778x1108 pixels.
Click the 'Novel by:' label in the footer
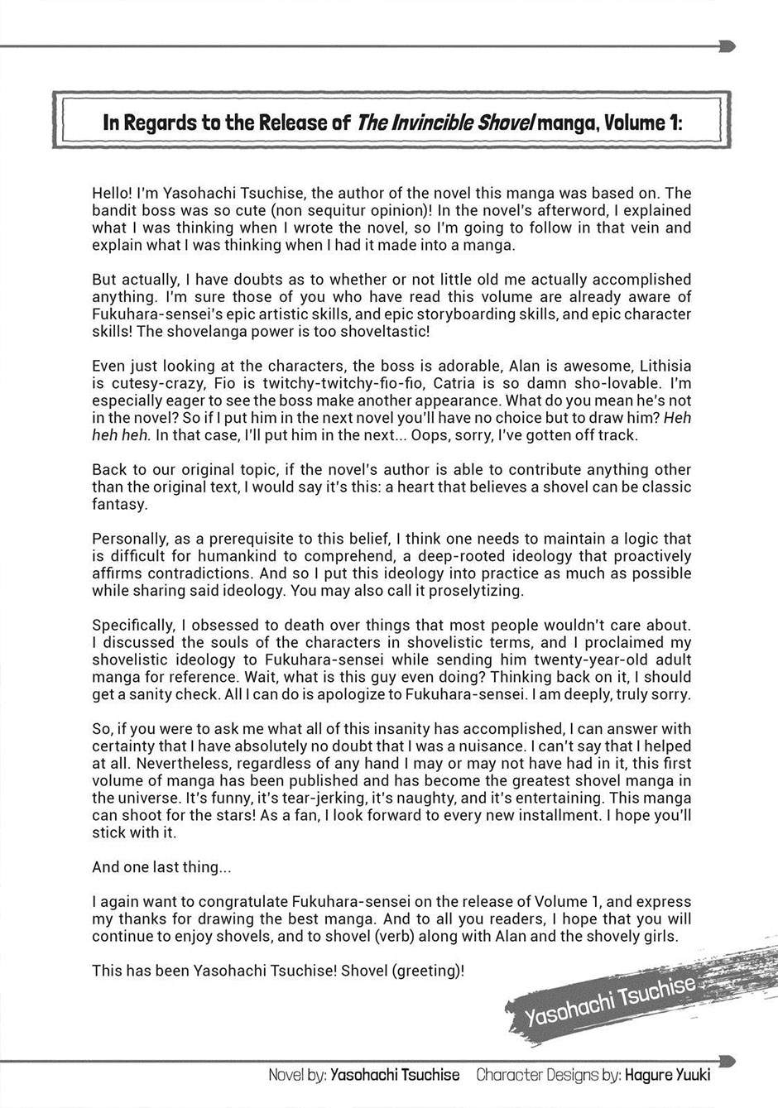point(296,1075)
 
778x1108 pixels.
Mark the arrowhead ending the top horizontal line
point(728,46)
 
